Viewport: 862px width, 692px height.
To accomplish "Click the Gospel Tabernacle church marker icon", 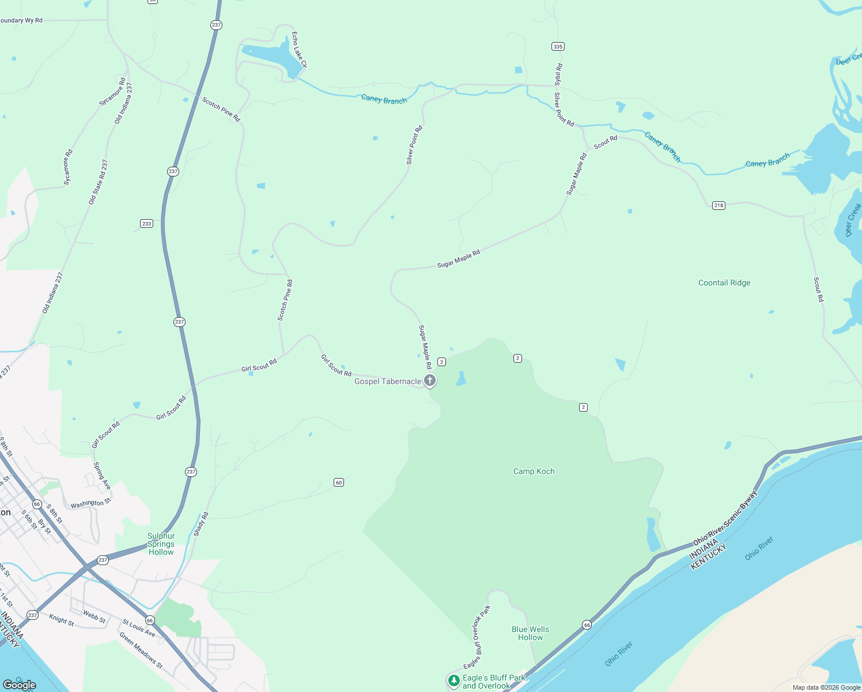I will coord(429,381).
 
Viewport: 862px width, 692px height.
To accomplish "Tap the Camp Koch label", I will coord(534,471).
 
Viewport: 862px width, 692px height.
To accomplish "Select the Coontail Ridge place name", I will coord(724,283).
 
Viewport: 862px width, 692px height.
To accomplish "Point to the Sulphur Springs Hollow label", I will coord(161,544).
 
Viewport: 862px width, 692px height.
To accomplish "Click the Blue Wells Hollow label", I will coord(530,633).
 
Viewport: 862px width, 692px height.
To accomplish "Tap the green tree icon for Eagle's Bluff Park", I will coord(454,680).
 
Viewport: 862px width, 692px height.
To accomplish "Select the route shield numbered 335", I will coord(557,46).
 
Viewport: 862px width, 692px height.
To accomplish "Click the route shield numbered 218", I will coord(718,205).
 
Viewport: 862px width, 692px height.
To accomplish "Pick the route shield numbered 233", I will coord(146,223).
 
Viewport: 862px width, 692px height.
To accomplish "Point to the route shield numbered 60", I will coord(339,482).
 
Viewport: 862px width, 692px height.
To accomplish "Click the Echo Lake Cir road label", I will coord(298,50).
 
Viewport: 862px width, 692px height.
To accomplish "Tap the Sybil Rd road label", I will coord(558,75).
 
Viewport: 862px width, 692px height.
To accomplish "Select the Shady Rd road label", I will coord(201,524).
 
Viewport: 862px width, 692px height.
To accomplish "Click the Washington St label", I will coord(90,503).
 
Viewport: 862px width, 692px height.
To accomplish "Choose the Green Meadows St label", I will coord(141,650).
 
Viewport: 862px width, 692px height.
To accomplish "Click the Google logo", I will coord(20,685).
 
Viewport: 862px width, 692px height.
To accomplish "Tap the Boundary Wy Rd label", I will coord(21,20).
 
